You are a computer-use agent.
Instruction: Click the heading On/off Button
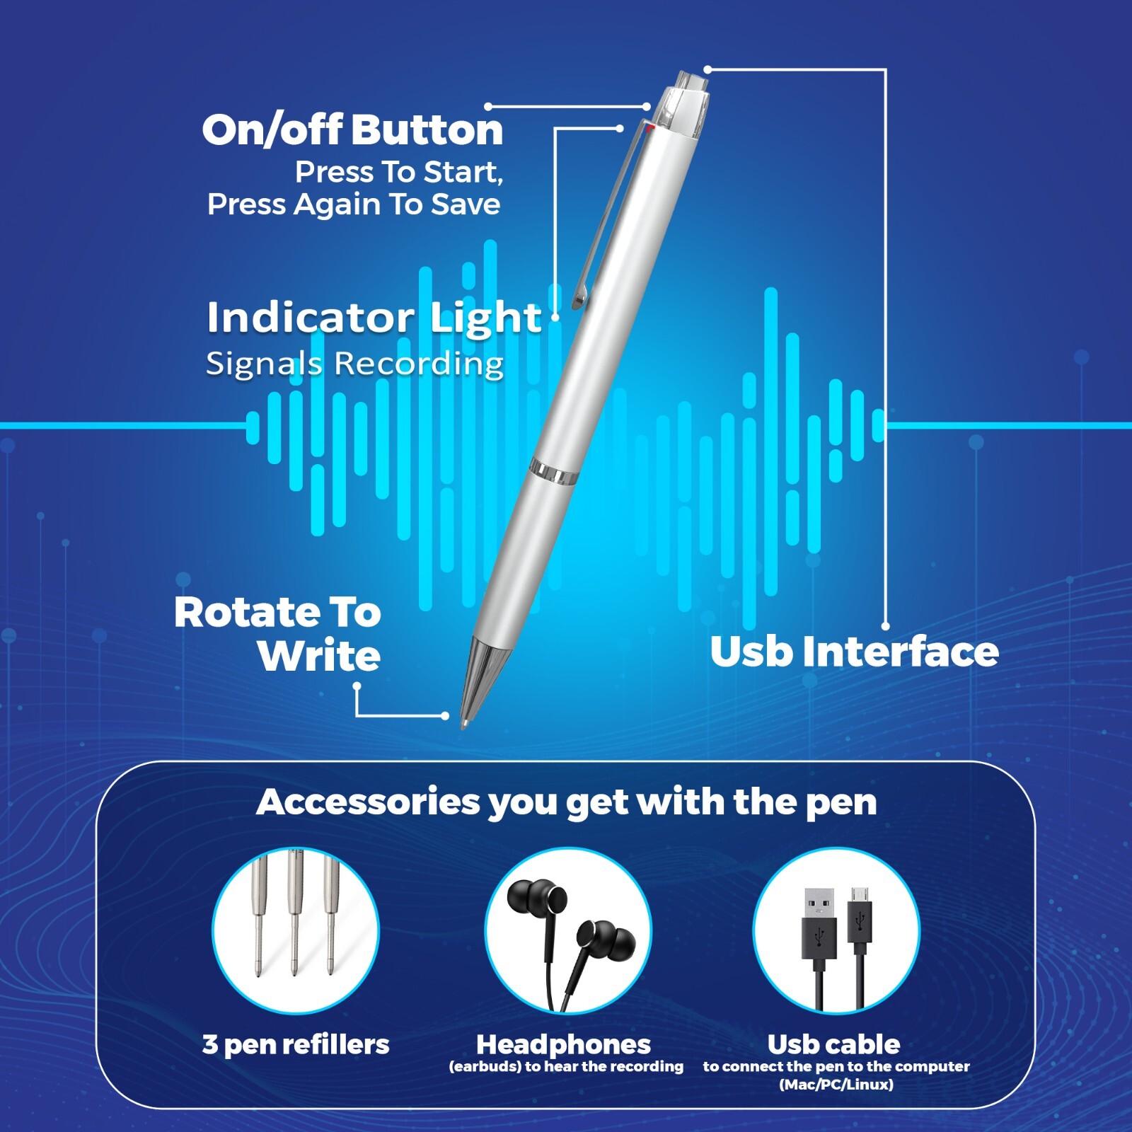pyautogui.click(x=352, y=130)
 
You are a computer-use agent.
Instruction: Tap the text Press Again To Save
pyautogui.click(x=354, y=204)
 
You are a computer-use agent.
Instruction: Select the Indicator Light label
pyautogui.click(x=374, y=318)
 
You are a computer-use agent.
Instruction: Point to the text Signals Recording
pyautogui.click(x=354, y=364)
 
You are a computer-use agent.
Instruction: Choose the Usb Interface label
pyautogui.click(x=854, y=652)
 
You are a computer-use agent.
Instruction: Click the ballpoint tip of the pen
pyautogui.click(x=464, y=723)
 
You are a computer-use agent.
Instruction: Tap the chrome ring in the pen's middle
pyautogui.click(x=552, y=471)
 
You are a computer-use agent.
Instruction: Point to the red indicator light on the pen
pyautogui.click(x=649, y=128)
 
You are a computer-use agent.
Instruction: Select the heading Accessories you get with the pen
pyautogui.click(x=566, y=802)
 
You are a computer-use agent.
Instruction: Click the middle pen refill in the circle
pyautogui.click(x=294, y=913)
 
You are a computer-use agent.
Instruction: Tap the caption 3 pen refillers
pyautogui.click(x=296, y=1044)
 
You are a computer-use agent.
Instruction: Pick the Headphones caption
pyautogui.click(x=563, y=1044)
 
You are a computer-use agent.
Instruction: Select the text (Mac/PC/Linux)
pyautogui.click(x=836, y=1085)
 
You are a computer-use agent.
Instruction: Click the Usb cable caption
pyautogui.click(x=833, y=1044)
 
